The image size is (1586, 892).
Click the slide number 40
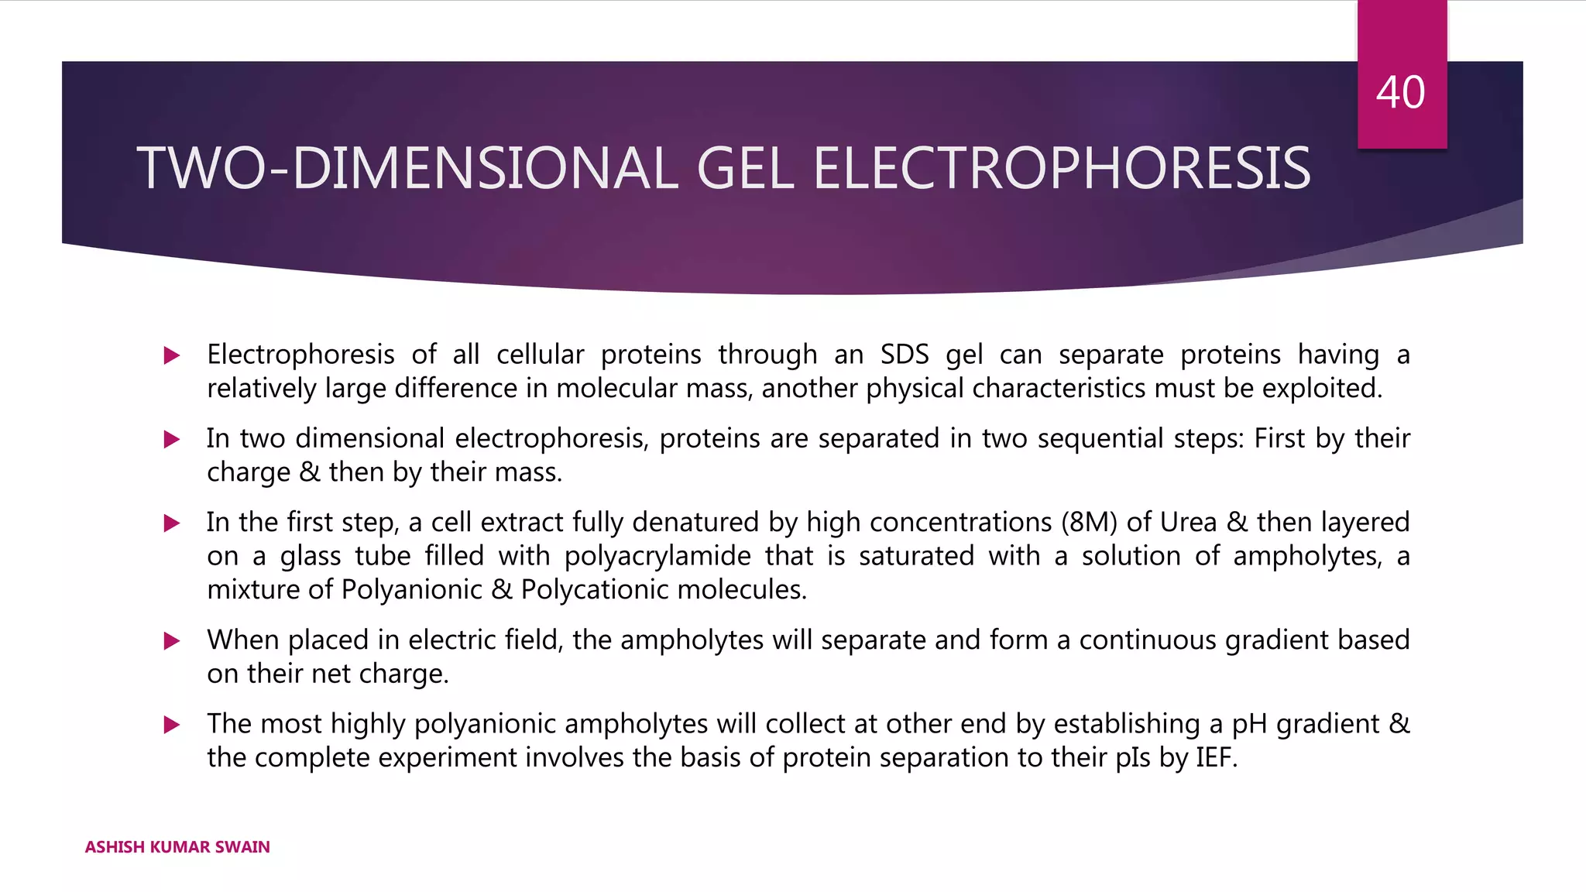coord(1400,93)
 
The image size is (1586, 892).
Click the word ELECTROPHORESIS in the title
coord(1061,169)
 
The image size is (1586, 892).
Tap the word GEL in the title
coord(744,169)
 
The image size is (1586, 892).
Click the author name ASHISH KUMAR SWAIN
coord(177,847)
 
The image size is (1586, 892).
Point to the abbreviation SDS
coord(904,355)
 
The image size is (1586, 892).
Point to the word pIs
coord(1132,757)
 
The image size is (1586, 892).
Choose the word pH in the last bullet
coord(1249,724)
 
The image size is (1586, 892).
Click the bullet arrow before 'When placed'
coord(172,641)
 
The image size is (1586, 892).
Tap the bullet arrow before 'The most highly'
coord(172,725)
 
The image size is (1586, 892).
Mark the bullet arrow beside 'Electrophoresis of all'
coord(172,356)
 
